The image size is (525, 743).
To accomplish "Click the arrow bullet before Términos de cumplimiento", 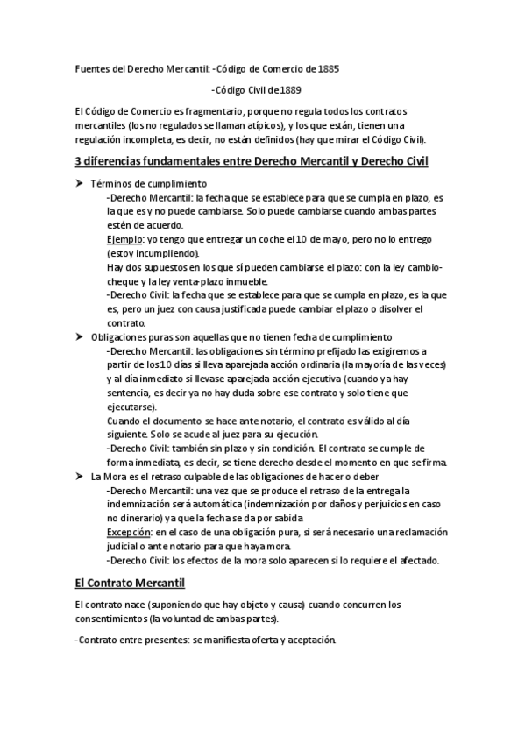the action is click(79, 183).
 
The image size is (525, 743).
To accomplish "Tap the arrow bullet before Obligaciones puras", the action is click(79, 337).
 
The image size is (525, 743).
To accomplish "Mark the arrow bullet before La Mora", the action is click(79, 475).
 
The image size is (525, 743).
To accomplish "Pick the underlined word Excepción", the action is click(128, 532).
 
